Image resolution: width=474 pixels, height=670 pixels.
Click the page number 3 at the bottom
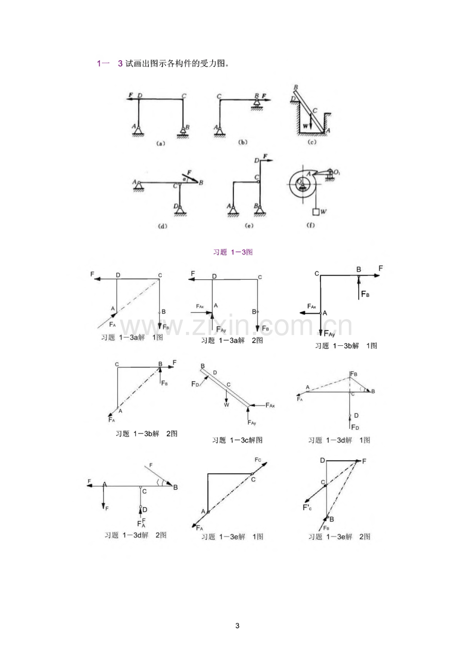pos(237,626)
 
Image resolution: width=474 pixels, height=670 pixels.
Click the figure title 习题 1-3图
pos(233,252)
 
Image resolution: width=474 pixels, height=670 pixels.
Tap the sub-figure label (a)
pos(160,144)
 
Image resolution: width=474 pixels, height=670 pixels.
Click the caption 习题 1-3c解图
pos(238,440)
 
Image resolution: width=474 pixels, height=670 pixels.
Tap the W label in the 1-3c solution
pos(226,405)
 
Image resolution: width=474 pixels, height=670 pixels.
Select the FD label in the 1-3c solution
pos(195,384)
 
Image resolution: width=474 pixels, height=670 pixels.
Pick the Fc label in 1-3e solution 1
pos(258,459)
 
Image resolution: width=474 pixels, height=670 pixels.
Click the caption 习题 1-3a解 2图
pos(231,341)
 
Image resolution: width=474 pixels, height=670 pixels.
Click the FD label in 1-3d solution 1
pos(355,427)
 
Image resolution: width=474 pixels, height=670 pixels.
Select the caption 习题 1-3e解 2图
pos(339,537)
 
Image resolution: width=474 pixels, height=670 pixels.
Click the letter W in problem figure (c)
pos(306,125)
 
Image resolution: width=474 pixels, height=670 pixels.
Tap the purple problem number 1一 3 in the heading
pos(110,64)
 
